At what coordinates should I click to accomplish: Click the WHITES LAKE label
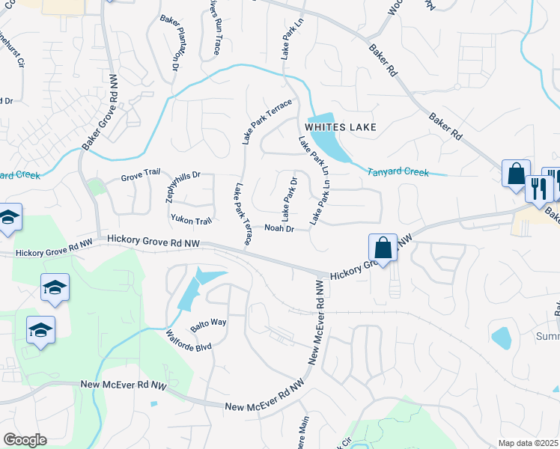(x=341, y=127)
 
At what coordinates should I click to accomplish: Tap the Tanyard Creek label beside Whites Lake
(x=398, y=172)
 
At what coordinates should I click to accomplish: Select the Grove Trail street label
(x=141, y=178)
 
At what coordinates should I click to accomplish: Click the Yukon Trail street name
(x=192, y=220)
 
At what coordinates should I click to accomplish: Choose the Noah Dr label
(x=279, y=228)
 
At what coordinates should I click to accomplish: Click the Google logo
(x=25, y=439)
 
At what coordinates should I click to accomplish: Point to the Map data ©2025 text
(x=529, y=443)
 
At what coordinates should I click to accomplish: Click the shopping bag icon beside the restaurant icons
(x=516, y=174)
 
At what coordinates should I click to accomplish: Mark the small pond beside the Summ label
(x=502, y=337)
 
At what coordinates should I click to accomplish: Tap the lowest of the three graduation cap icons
(x=40, y=330)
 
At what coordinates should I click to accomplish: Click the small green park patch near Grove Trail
(x=94, y=187)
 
